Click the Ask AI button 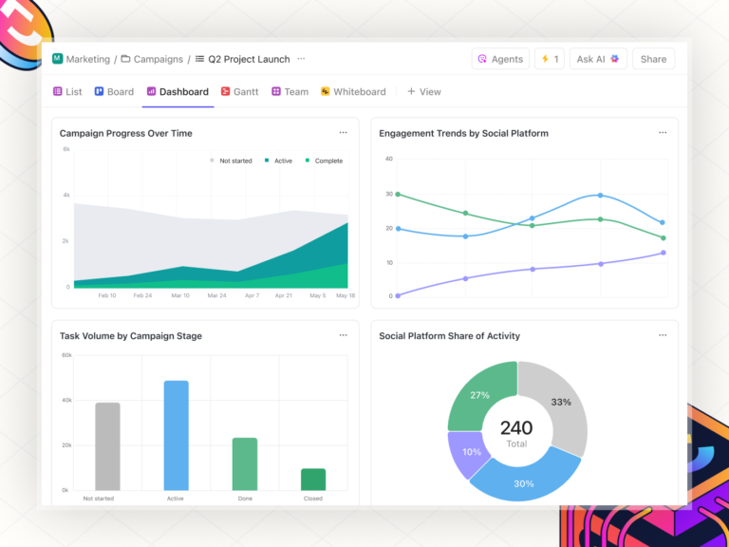pyautogui.click(x=597, y=59)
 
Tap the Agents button pyautogui.click(x=500, y=59)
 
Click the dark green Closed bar pyautogui.click(x=313, y=479)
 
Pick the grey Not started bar pyautogui.click(x=108, y=446)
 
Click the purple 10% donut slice pyautogui.click(x=465, y=450)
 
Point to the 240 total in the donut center pyautogui.click(x=516, y=428)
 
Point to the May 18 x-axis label pyautogui.click(x=345, y=295)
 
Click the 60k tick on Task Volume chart pyautogui.click(x=66, y=355)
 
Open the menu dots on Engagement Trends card pyautogui.click(x=663, y=133)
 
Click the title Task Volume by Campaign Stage pyautogui.click(x=130, y=335)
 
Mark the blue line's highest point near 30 pyautogui.click(x=600, y=195)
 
